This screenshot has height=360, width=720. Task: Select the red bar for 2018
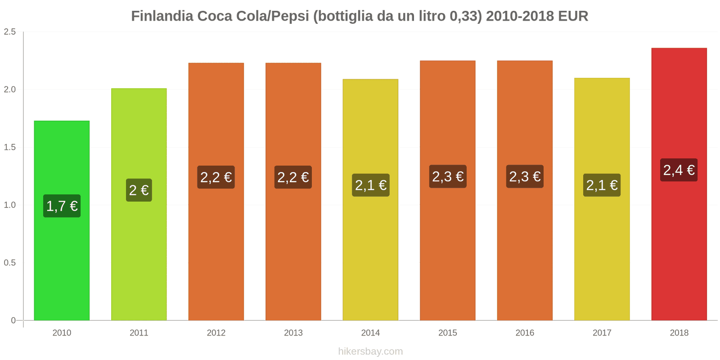pyautogui.click(x=679, y=247)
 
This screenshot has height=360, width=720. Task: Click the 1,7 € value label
pyautogui.click(x=62, y=206)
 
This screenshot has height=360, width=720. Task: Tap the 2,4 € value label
pyautogui.click(x=679, y=170)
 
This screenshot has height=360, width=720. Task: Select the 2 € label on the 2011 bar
pyautogui.click(x=139, y=190)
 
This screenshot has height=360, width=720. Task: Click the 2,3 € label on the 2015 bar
pyautogui.click(x=448, y=176)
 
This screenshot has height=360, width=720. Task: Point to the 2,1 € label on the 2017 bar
pyautogui.click(x=602, y=185)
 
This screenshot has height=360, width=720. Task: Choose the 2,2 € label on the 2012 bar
pyautogui.click(x=216, y=177)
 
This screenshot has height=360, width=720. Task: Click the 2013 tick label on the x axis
pyautogui.click(x=293, y=333)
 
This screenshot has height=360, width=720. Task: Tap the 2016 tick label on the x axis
pyautogui.click(x=525, y=333)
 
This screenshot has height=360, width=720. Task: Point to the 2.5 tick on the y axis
pyautogui.click(x=10, y=32)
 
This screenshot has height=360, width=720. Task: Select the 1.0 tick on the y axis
pyautogui.click(x=10, y=205)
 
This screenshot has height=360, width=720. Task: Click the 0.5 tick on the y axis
pyautogui.click(x=10, y=263)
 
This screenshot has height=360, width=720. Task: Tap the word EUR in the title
pyautogui.click(x=573, y=16)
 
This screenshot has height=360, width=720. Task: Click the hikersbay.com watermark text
pyautogui.click(x=370, y=351)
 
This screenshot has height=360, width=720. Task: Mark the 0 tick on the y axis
pyautogui.click(x=13, y=320)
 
